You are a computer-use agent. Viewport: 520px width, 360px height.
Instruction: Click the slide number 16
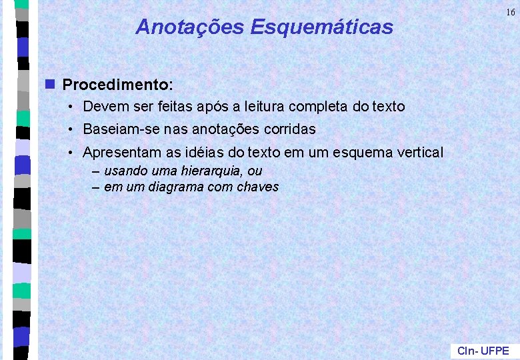click(510, 12)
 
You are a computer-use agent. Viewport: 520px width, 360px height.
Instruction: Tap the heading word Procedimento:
click(118, 85)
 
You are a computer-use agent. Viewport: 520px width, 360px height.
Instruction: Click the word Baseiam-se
click(116, 129)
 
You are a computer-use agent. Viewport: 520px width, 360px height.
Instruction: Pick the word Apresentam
click(119, 153)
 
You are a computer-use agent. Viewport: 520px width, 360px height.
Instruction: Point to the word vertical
click(418, 153)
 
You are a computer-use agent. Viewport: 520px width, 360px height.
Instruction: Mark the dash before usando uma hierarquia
click(96, 171)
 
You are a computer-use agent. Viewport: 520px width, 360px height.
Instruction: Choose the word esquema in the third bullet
click(359, 153)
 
